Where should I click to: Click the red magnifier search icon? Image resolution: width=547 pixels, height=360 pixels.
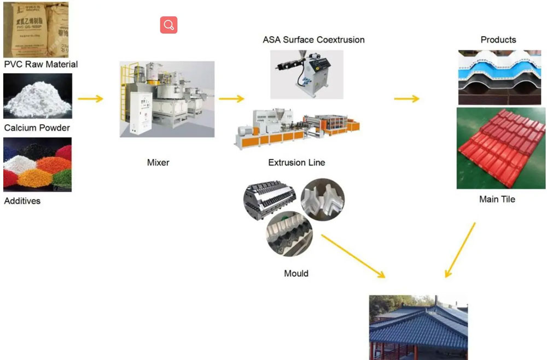coord(168,25)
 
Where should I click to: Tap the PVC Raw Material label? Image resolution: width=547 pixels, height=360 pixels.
coord(41,65)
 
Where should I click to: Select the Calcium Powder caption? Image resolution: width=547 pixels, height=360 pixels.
coord(37,128)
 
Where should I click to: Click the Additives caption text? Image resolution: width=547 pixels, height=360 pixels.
coord(22,201)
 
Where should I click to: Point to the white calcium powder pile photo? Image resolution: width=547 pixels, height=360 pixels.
coord(37,96)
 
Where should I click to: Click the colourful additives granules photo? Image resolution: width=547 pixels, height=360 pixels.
coord(37,164)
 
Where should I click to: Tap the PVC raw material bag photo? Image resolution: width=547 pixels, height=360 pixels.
coord(37,28)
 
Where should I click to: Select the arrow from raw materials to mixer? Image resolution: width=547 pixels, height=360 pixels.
coord(90,99)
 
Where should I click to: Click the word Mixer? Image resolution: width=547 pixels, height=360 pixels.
coord(158,162)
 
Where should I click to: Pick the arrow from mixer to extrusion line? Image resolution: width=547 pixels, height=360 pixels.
coord(231,99)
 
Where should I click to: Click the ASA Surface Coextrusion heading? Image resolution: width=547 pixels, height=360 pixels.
coord(313,40)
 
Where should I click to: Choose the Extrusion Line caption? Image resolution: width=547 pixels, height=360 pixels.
coord(296,162)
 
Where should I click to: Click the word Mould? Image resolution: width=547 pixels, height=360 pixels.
coord(296,273)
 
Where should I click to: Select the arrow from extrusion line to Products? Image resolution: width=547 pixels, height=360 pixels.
coord(406,98)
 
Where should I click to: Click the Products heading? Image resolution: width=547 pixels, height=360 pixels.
coord(498,40)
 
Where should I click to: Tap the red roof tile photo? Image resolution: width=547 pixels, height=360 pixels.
coord(501,148)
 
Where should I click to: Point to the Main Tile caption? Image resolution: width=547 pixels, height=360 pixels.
coord(497,199)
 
